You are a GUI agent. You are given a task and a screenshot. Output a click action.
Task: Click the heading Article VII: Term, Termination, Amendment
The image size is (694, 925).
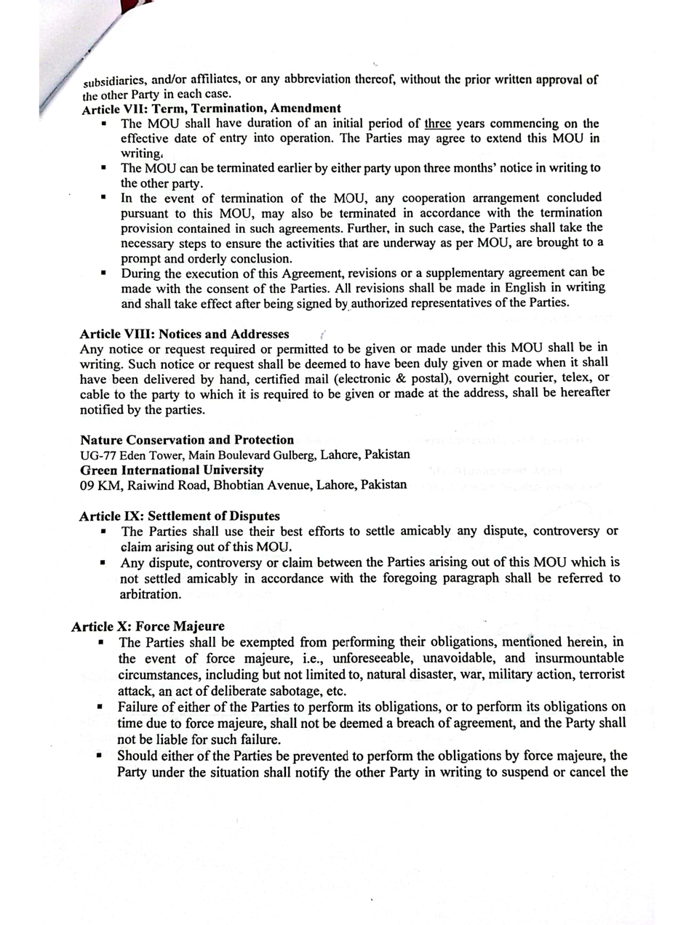pos(211,109)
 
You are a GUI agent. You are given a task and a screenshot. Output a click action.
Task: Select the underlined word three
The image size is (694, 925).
pos(438,124)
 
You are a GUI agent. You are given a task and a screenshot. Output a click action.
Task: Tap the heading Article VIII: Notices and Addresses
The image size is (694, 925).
pos(184,335)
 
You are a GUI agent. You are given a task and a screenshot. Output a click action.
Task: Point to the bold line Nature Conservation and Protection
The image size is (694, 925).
pos(187,440)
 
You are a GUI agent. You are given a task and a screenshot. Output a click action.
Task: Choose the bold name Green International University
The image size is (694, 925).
pos(172,470)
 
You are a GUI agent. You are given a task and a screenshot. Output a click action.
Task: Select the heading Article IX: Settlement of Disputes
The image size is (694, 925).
pos(180,516)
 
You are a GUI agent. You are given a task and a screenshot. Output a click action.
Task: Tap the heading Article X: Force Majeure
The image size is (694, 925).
pos(148,626)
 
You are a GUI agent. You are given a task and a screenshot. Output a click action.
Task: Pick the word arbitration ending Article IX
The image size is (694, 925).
pos(150,594)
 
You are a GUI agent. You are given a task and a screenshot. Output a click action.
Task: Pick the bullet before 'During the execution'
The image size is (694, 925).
pos(103,273)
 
